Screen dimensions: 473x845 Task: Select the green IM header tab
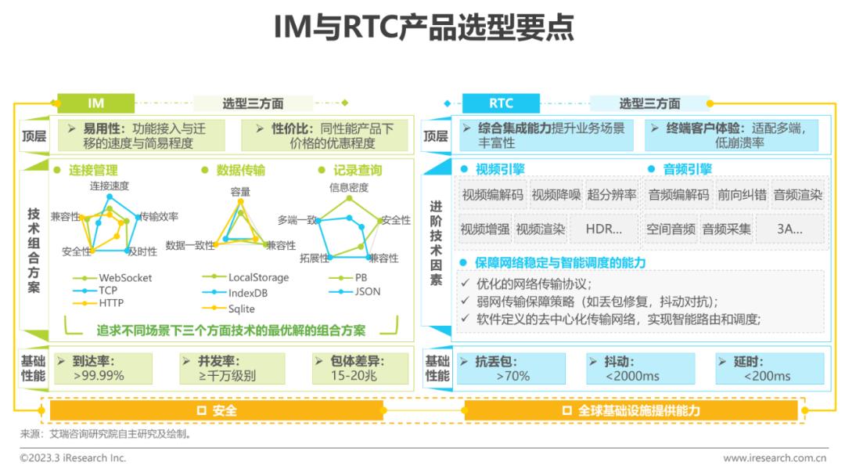pos(95,103)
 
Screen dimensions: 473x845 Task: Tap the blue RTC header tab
pos(501,103)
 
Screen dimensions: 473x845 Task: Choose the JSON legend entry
pos(367,291)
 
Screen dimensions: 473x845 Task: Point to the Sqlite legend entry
pos(241,309)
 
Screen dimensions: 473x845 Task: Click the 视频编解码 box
pos(492,195)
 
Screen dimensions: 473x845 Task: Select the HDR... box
pos(603,229)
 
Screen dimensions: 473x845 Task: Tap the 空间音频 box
pos(671,229)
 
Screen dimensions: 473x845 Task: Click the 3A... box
pos(788,229)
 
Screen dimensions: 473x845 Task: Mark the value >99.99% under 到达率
pos(99,376)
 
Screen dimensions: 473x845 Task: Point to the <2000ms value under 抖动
pos(632,376)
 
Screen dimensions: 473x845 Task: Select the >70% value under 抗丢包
pos(512,376)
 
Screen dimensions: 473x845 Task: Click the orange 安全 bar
pos(216,410)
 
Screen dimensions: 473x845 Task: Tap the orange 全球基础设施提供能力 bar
pos(631,410)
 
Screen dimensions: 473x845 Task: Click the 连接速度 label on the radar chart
pos(109,186)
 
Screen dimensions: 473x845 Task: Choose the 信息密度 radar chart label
pos(349,187)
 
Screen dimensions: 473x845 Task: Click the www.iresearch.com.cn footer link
pos(775,457)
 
